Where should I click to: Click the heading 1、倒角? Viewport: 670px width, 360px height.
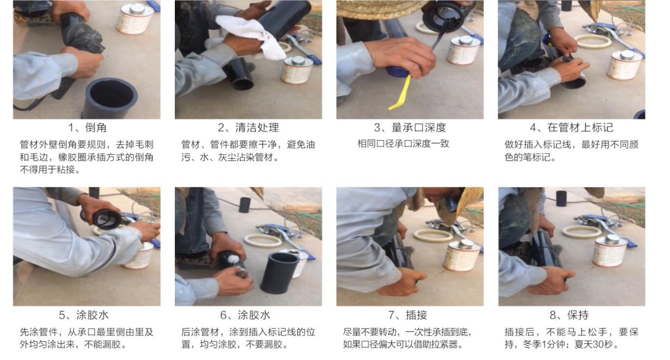(x=87, y=128)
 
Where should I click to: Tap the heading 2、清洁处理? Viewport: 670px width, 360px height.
(x=248, y=128)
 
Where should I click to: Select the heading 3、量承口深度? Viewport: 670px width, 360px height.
(x=410, y=128)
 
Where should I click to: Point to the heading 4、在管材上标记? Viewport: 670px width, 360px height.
(x=572, y=128)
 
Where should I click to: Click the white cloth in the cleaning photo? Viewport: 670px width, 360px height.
(x=251, y=36)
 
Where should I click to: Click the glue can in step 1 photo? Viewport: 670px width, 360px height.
(x=135, y=18)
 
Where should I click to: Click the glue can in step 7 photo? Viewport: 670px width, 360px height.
(x=462, y=255)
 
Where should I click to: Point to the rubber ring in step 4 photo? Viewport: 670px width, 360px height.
(x=593, y=42)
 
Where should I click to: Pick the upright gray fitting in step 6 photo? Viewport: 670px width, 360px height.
(x=279, y=273)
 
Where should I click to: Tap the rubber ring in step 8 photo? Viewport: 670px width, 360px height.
(x=582, y=232)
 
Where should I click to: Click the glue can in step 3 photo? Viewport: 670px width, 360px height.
(x=464, y=50)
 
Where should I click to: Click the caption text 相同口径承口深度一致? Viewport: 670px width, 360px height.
(x=403, y=144)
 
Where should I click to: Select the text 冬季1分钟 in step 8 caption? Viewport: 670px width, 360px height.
(x=544, y=344)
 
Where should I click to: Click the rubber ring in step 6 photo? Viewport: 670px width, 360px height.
(x=263, y=241)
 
